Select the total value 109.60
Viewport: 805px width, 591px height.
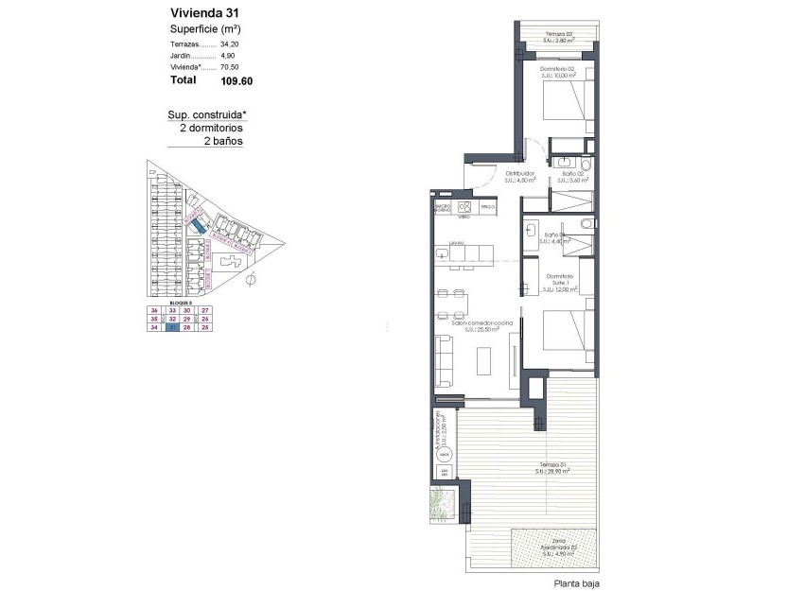(x=236, y=81)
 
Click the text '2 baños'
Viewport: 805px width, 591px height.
(x=223, y=140)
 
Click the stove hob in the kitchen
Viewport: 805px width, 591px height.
(x=464, y=207)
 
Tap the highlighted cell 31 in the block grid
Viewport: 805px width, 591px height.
(x=171, y=328)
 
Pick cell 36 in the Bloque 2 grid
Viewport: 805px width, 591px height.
(x=154, y=310)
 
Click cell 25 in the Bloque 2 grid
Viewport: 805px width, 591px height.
(x=204, y=328)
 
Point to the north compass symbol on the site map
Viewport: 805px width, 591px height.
(x=251, y=280)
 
